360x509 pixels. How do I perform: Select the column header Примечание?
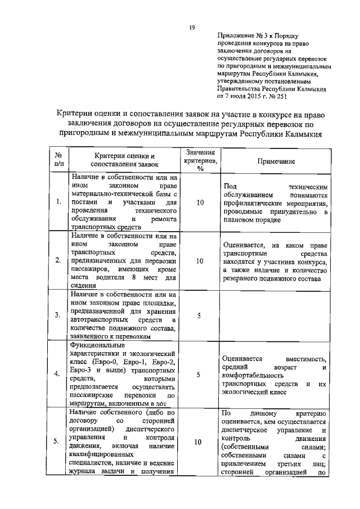(276, 161)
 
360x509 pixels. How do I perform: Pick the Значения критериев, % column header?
(200, 160)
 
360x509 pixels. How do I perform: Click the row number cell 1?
(58, 202)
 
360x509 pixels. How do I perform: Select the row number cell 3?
(58, 315)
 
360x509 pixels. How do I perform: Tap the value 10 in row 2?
(200, 261)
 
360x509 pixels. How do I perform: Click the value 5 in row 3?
(200, 315)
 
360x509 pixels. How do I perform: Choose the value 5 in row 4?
(200, 374)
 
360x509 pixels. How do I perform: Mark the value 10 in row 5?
(197, 442)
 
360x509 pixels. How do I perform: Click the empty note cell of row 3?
(276, 315)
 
